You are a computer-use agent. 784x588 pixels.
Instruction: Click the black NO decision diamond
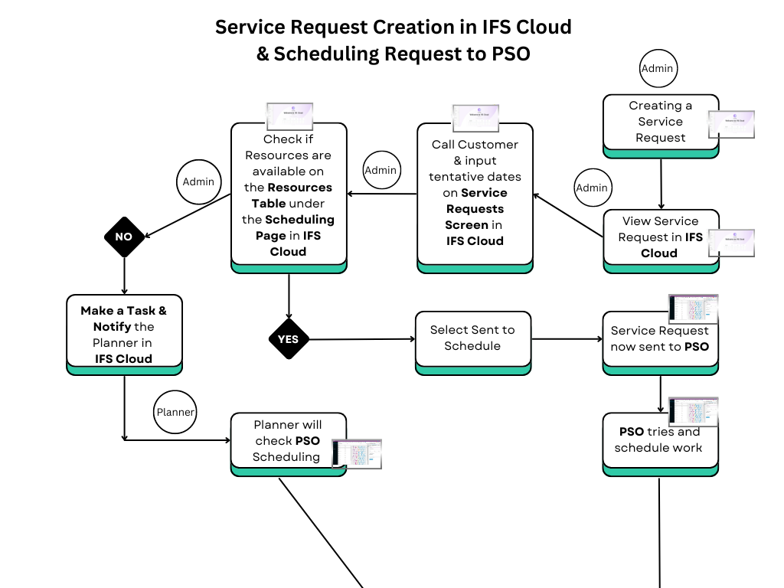tap(124, 237)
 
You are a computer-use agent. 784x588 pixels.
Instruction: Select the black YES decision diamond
tap(289, 339)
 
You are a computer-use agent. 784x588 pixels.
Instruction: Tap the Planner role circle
tap(175, 412)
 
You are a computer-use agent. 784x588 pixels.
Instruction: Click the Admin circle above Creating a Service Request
tap(657, 69)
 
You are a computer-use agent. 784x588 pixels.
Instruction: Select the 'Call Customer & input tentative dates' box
tap(475, 193)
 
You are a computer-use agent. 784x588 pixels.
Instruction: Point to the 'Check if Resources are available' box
tap(289, 195)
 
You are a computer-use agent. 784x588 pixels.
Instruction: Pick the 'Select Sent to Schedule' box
tap(472, 338)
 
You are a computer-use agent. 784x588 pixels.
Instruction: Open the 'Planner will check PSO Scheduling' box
tap(288, 441)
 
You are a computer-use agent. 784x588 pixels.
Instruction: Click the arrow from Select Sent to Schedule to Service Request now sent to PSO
tap(567, 338)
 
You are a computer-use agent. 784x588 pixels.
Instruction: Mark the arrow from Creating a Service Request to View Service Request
tap(661, 184)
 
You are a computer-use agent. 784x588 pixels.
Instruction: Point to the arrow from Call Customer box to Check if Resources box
tap(383, 194)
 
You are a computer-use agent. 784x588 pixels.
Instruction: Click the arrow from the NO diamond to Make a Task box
tap(124, 274)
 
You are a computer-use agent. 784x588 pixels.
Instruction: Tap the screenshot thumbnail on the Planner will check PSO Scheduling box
tap(357, 454)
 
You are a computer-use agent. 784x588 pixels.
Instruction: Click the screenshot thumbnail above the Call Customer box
tap(475, 118)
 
